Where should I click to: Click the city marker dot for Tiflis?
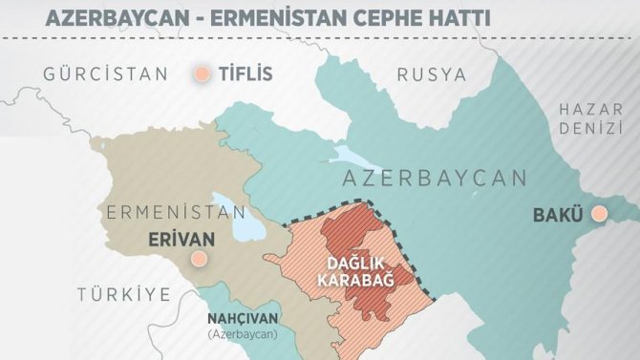pyautogui.click(x=202, y=74)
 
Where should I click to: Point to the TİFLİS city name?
pyautogui.click(x=245, y=74)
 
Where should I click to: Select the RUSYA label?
pyautogui.click(x=432, y=74)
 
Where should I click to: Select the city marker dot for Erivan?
pyautogui.click(x=198, y=258)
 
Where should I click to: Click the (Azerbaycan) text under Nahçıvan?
pyautogui.click(x=243, y=335)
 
